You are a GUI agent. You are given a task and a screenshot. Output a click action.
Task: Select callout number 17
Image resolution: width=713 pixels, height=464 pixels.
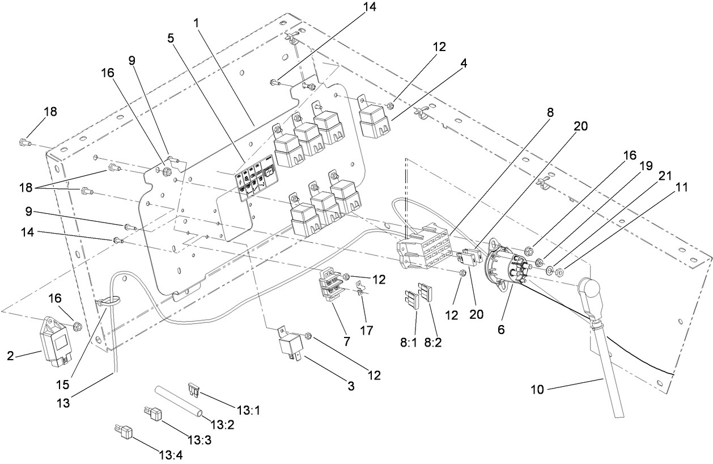(x=367, y=329)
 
